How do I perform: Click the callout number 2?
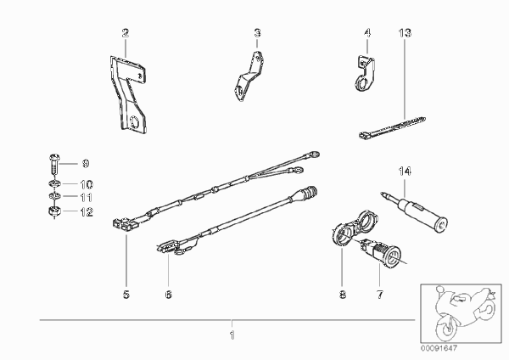[126, 33]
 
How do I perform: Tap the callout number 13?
[405, 33]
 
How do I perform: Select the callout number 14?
[405, 172]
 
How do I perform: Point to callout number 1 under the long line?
[232, 335]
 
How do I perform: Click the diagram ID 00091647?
[439, 349]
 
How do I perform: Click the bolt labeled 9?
[54, 165]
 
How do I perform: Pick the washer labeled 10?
[54, 184]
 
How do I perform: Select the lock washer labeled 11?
[54, 197]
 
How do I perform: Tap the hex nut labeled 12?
[54, 211]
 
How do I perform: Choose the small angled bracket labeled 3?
[249, 76]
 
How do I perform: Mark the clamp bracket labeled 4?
[365, 73]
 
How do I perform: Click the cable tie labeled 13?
[392, 127]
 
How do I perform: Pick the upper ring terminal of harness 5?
[313, 155]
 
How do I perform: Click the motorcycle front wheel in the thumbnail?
[447, 327]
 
